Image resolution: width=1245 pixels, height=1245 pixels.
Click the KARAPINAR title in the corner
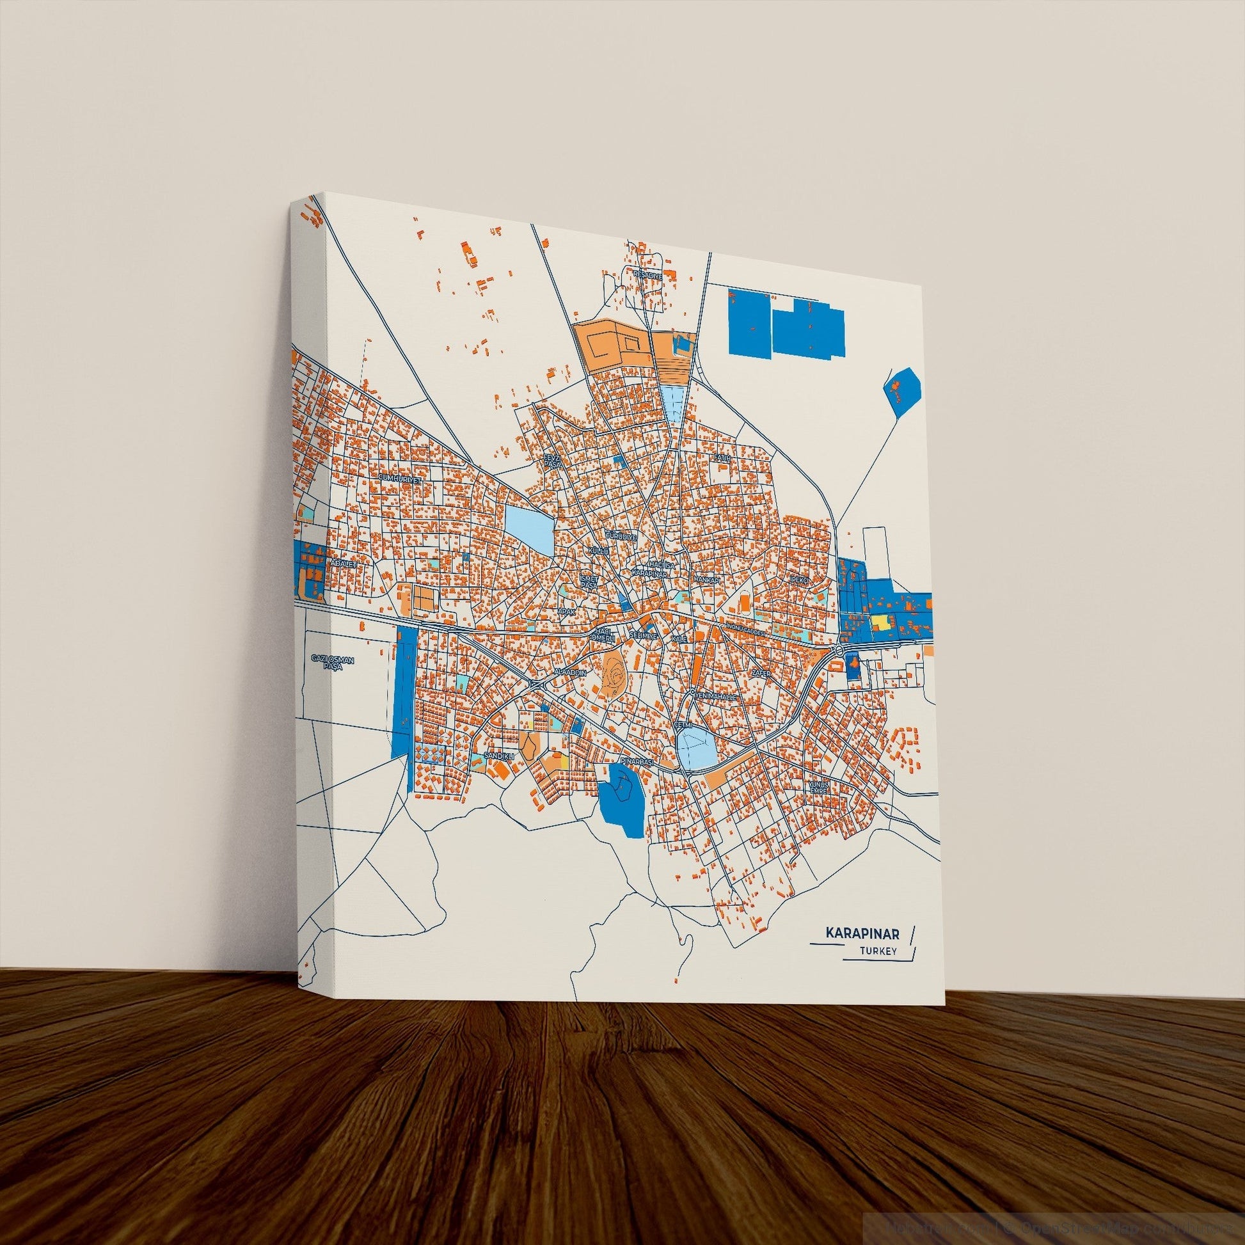[862, 951]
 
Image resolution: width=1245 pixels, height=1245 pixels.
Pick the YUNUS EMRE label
[818, 787]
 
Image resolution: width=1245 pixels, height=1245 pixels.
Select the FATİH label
[721, 457]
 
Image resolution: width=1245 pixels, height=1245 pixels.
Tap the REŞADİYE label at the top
[648, 274]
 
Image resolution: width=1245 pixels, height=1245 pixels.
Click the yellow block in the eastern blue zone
[880, 621]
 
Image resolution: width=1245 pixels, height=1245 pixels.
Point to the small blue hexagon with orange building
[901, 390]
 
